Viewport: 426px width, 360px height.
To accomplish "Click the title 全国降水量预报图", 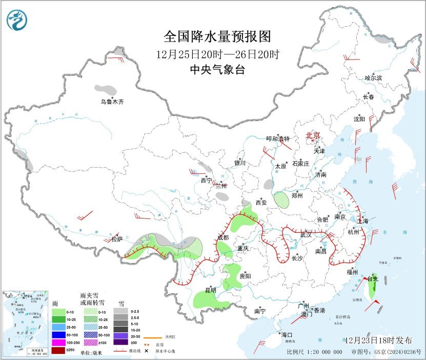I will click(x=217, y=37).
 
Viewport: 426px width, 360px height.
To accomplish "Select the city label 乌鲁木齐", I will click(x=112, y=102).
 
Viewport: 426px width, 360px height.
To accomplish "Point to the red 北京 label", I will click(x=313, y=135).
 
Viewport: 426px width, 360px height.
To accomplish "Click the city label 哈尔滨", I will click(x=373, y=78).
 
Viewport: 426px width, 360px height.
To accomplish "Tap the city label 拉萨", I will click(x=117, y=239).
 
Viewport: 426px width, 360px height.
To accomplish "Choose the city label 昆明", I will click(x=211, y=290).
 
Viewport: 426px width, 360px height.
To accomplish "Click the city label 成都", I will click(x=222, y=237).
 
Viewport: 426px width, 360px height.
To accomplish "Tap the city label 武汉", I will click(x=306, y=234).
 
